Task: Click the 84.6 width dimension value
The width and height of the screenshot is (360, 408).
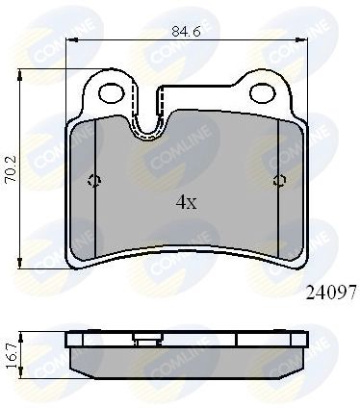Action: pyautogui.click(x=186, y=32)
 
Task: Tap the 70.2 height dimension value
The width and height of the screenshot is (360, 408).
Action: pyautogui.click(x=12, y=169)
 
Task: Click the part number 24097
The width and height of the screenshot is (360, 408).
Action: pyautogui.click(x=331, y=293)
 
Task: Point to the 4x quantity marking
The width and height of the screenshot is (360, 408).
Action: pyautogui.click(x=186, y=202)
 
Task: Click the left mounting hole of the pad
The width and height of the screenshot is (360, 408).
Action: pyautogui.click(x=112, y=93)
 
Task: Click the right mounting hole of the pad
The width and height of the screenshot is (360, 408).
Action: pyautogui.click(x=263, y=93)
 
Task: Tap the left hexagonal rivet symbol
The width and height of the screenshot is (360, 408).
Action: pyautogui.click(x=94, y=181)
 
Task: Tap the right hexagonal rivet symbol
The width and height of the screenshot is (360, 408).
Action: pyautogui.click(x=280, y=181)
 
